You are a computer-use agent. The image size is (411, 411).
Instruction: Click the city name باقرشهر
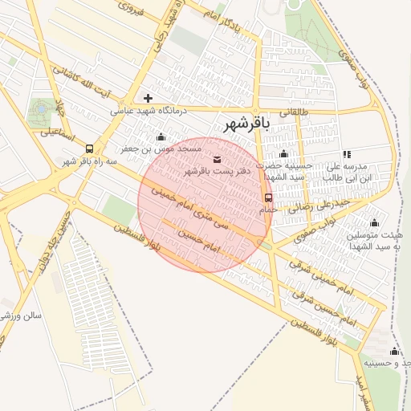coord(243,124)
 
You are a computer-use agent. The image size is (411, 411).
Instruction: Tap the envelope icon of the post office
coord(218,158)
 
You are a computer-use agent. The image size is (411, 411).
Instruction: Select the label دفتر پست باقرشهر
coord(218,171)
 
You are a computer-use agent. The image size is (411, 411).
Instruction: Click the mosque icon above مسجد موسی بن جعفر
coord(161,137)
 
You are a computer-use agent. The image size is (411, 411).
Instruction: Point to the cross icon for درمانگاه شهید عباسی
coord(148,98)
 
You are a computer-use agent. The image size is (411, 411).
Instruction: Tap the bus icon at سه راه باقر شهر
coord(88,149)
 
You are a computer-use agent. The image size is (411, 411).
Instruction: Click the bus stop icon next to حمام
coord(268,197)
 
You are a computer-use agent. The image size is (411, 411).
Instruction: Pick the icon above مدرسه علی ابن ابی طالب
coord(347,153)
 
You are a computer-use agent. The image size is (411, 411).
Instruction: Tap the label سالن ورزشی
coord(18,315)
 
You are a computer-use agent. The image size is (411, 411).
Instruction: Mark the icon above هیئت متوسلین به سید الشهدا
coord(373,223)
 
